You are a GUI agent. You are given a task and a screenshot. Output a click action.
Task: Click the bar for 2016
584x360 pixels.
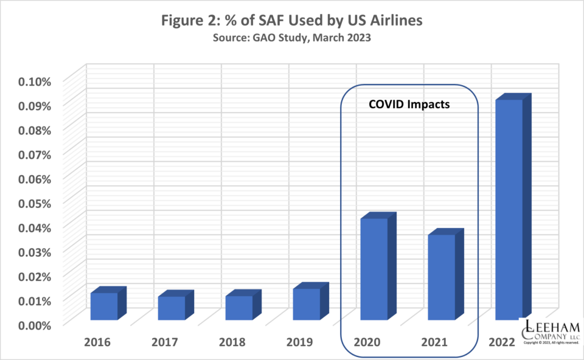click(105, 306)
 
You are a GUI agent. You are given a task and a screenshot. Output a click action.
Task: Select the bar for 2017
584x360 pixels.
click(172, 308)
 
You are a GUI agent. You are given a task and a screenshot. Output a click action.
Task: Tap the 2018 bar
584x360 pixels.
click(239, 308)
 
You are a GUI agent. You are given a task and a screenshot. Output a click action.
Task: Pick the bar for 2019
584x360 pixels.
click(307, 304)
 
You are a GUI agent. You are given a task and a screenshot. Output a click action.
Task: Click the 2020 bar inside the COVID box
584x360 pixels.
click(374, 269)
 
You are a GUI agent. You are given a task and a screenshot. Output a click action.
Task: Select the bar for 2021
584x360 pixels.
click(441, 277)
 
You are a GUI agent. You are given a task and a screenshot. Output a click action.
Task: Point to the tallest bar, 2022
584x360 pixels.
click(509, 209)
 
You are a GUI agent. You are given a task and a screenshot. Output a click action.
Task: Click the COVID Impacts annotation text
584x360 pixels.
click(409, 105)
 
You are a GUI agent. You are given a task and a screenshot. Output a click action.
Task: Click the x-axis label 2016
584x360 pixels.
click(98, 342)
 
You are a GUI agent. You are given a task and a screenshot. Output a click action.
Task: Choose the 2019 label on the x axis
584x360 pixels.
click(300, 342)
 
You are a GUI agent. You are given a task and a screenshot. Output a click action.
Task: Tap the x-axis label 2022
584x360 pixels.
click(502, 342)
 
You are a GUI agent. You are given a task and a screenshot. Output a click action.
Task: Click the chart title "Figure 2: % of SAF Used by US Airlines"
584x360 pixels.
click(291, 20)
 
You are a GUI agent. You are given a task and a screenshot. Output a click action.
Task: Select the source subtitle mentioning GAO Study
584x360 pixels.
click(291, 37)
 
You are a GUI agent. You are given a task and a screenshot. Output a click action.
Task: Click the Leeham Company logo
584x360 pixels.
click(551, 332)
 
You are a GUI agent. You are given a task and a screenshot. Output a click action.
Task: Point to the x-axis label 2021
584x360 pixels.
click(434, 342)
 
